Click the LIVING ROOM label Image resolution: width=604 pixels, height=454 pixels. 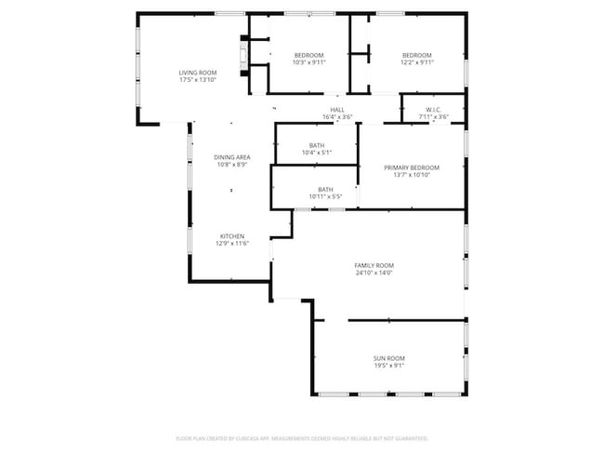[x=197, y=72]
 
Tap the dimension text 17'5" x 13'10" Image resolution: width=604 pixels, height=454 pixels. [x=197, y=80]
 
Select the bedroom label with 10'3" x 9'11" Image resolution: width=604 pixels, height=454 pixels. [x=309, y=55]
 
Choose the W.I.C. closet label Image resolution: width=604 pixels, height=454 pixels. [x=433, y=110]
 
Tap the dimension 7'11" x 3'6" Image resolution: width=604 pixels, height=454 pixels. [x=433, y=117]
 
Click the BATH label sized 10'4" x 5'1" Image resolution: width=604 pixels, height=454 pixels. [x=317, y=145]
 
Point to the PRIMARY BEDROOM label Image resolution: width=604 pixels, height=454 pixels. [x=412, y=167]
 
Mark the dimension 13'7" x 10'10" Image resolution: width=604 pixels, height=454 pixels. [x=412, y=175]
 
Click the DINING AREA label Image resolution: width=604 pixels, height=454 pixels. [x=232, y=157]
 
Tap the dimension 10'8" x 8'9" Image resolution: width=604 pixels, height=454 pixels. [x=232, y=165]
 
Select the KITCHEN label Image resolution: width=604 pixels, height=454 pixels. [x=232, y=235]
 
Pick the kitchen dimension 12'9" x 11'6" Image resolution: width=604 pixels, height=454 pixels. [x=232, y=244]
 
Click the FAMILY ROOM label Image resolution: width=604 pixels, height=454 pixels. [x=374, y=265]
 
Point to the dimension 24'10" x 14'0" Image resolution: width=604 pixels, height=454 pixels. [x=374, y=274]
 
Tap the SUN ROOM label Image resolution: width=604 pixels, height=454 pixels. [x=389, y=358]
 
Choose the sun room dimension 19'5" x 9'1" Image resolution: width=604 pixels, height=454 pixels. [x=389, y=366]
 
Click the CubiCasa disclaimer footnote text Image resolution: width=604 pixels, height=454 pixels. [x=302, y=437]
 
